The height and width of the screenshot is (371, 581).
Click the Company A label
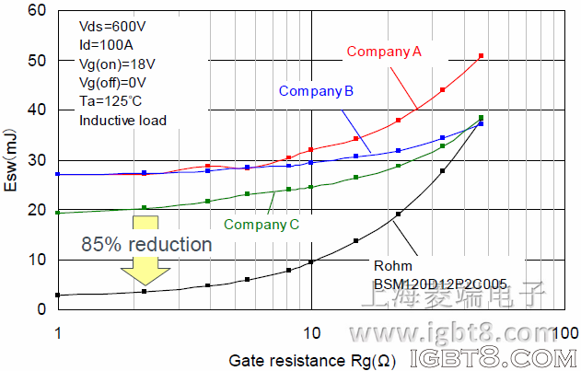384,52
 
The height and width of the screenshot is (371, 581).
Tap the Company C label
261,223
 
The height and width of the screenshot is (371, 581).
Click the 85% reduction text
146,245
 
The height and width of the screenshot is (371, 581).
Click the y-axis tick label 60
37,10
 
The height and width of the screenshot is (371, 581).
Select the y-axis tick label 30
37,160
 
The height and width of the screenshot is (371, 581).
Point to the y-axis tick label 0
41,309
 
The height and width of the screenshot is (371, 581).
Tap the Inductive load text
123,119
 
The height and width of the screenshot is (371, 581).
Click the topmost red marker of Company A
481,56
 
